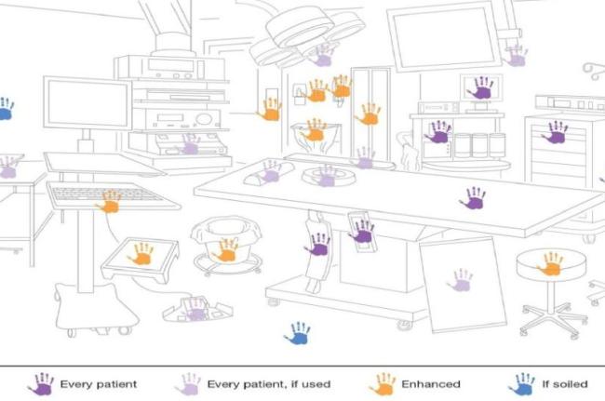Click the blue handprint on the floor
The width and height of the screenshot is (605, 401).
pyautogui.click(x=298, y=332)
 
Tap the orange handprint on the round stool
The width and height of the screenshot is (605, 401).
pyautogui.click(x=551, y=264)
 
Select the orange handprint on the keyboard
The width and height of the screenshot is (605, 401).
pyautogui.click(x=110, y=201)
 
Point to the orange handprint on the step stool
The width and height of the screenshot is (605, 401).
pyautogui.click(x=141, y=253)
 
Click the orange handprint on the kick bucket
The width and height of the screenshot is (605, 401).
pyautogui.click(x=225, y=249)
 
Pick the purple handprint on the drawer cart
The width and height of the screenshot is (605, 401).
pyautogui.click(x=556, y=132)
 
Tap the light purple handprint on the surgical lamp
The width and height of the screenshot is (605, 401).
pyautogui.click(x=322, y=55)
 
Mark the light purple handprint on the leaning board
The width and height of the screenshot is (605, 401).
pyautogui.click(x=460, y=279)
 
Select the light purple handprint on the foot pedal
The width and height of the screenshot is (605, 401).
pyautogui.click(x=195, y=308)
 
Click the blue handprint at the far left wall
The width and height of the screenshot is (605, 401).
pyautogui.click(x=5, y=109)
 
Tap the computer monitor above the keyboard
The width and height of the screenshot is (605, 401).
pyautogui.click(x=87, y=102)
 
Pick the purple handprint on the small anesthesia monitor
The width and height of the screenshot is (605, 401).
pyautogui.click(x=481, y=88)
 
